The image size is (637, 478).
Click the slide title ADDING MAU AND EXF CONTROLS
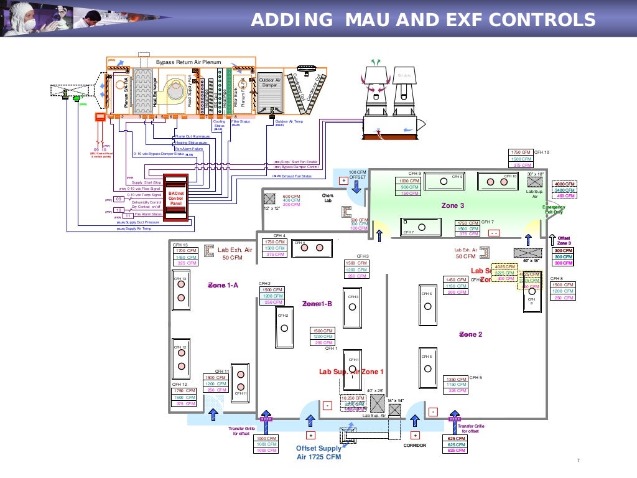click(422, 21)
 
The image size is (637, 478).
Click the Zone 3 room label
click(452, 205)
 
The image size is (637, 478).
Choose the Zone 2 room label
click(471, 334)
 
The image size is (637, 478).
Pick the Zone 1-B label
click(317, 304)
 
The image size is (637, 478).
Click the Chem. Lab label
click(328, 198)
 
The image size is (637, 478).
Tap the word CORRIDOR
click(414, 446)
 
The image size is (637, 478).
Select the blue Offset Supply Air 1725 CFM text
click(318, 452)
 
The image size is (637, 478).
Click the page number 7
click(578, 460)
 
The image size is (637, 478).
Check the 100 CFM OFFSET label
click(357, 174)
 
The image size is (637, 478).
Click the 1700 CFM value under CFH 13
click(187, 251)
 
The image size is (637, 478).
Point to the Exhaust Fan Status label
click(293, 176)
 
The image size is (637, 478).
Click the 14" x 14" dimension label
click(395, 400)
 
